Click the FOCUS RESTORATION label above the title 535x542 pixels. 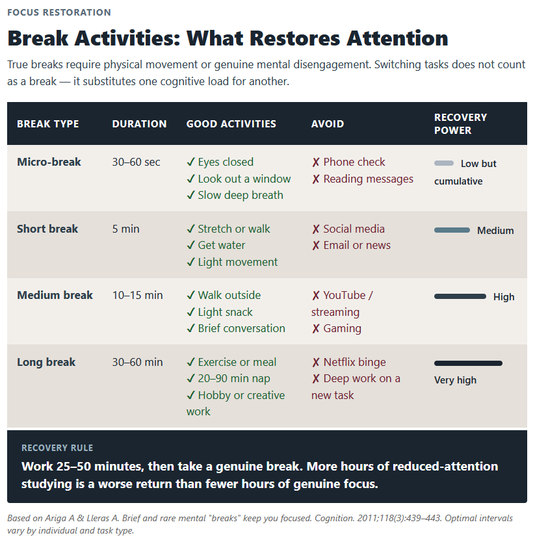point(59,12)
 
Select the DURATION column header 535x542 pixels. point(139,123)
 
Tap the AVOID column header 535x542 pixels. point(328,123)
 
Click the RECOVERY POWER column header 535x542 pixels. point(460,123)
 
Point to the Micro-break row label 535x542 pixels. point(49,162)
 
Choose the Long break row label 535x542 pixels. point(46,362)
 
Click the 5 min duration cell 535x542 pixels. point(125,229)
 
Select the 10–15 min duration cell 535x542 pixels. point(137,295)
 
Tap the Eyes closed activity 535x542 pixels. point(220,162)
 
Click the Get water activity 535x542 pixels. point(216,245)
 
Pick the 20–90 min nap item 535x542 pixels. point(228,378)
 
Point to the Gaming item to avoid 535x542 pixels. point(336,328)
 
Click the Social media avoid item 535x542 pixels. point(348,229)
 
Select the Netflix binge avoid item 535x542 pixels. point(348,362)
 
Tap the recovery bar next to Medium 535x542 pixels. point(452,230)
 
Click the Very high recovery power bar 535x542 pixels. point(468,363)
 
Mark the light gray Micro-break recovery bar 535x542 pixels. point(444,163)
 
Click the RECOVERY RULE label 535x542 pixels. point(57,448)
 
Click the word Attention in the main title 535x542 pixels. point(397,38)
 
